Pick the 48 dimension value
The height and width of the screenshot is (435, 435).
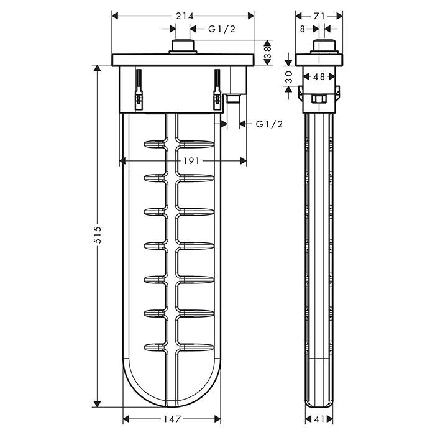[x=318, y=76]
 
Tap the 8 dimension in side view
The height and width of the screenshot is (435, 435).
[x=301, y=28]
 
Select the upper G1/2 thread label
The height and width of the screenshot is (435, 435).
[x=222, y=28]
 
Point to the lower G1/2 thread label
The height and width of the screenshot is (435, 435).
[x=270, y=124]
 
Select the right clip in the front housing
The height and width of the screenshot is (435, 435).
[x=218, y=90]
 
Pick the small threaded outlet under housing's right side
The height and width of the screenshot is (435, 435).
[x=233, y=98]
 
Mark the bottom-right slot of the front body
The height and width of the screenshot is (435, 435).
[x=199, y=346]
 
